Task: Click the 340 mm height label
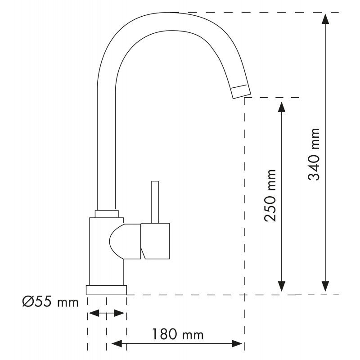tap(314, 154)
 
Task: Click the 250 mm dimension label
tap(270, 196)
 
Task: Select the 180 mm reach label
tap(178, 334)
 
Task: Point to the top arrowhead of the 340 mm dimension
tap(325, 19)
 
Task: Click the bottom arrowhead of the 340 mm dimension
tap(325, 287)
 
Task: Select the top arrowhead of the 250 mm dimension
tap(282, 107)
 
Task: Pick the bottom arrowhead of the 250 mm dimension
tap(282, 287)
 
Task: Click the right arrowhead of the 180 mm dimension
tap(237, 344)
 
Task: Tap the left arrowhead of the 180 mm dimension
tap(117, 344)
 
